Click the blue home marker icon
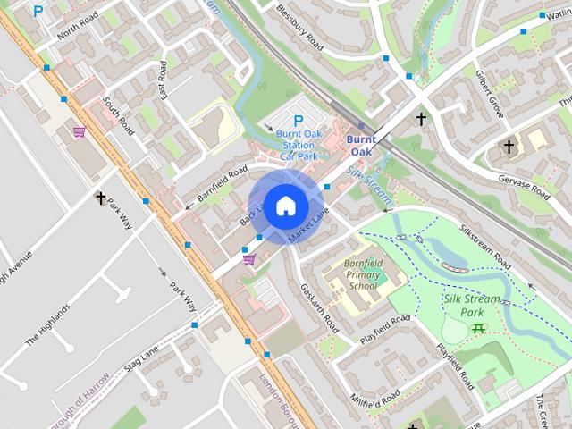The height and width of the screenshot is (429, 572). [284, 206]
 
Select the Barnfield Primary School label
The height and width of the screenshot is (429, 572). [364, 276]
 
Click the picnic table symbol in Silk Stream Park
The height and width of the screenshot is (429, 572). [478, 328]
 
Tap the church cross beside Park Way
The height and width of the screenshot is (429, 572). [101, 198]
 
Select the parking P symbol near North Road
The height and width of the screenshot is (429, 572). [38, 12]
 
